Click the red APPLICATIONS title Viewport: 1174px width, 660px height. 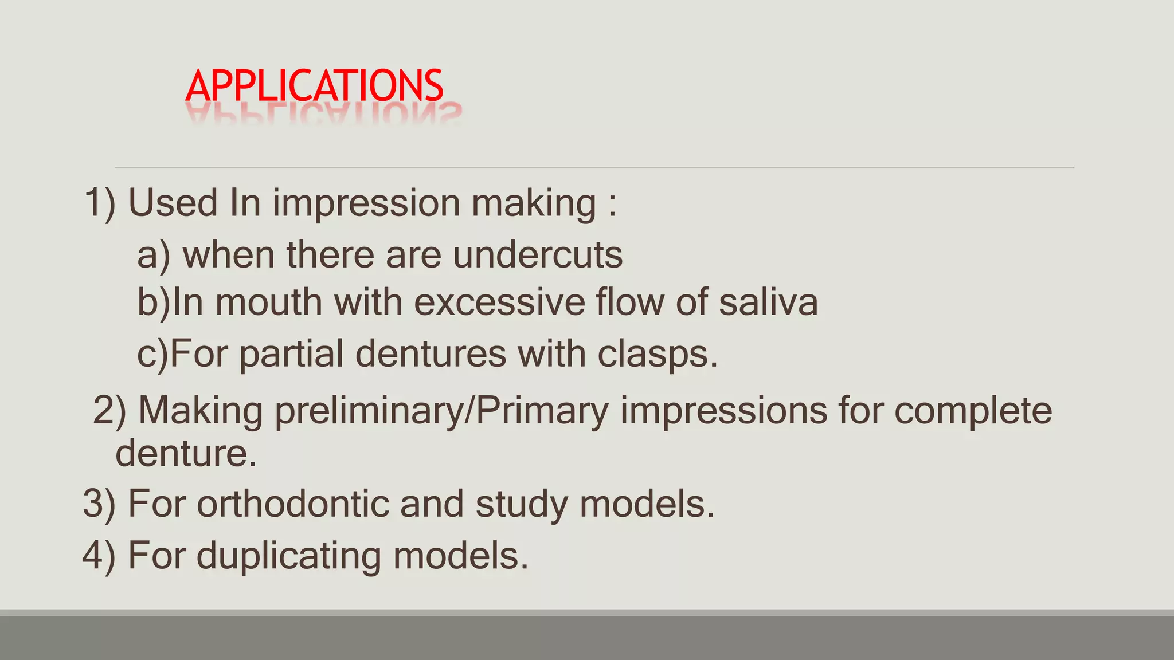(x=314, y=86)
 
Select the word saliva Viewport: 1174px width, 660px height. (x=768, y=302)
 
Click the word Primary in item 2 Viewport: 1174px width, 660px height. (x=542, y=412)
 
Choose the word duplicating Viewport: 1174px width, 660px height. (x=288, y=556)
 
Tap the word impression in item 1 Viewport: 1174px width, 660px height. (x=366, y=204)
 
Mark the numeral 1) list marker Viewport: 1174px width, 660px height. (x=100, y=203)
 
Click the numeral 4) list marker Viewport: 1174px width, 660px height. (x=99, y=555)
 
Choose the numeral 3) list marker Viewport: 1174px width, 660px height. (x=99, y=504)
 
